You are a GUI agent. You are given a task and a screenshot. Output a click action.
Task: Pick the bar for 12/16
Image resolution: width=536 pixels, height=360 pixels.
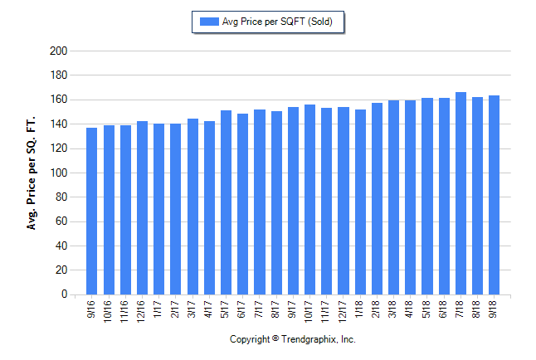142,207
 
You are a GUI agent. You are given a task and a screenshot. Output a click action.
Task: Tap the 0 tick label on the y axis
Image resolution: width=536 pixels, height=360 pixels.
63,294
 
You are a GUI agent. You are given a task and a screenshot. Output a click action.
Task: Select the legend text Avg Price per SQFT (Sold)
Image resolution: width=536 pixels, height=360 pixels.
277,22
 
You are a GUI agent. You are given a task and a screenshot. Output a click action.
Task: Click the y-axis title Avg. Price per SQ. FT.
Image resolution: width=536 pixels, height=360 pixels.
32,173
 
